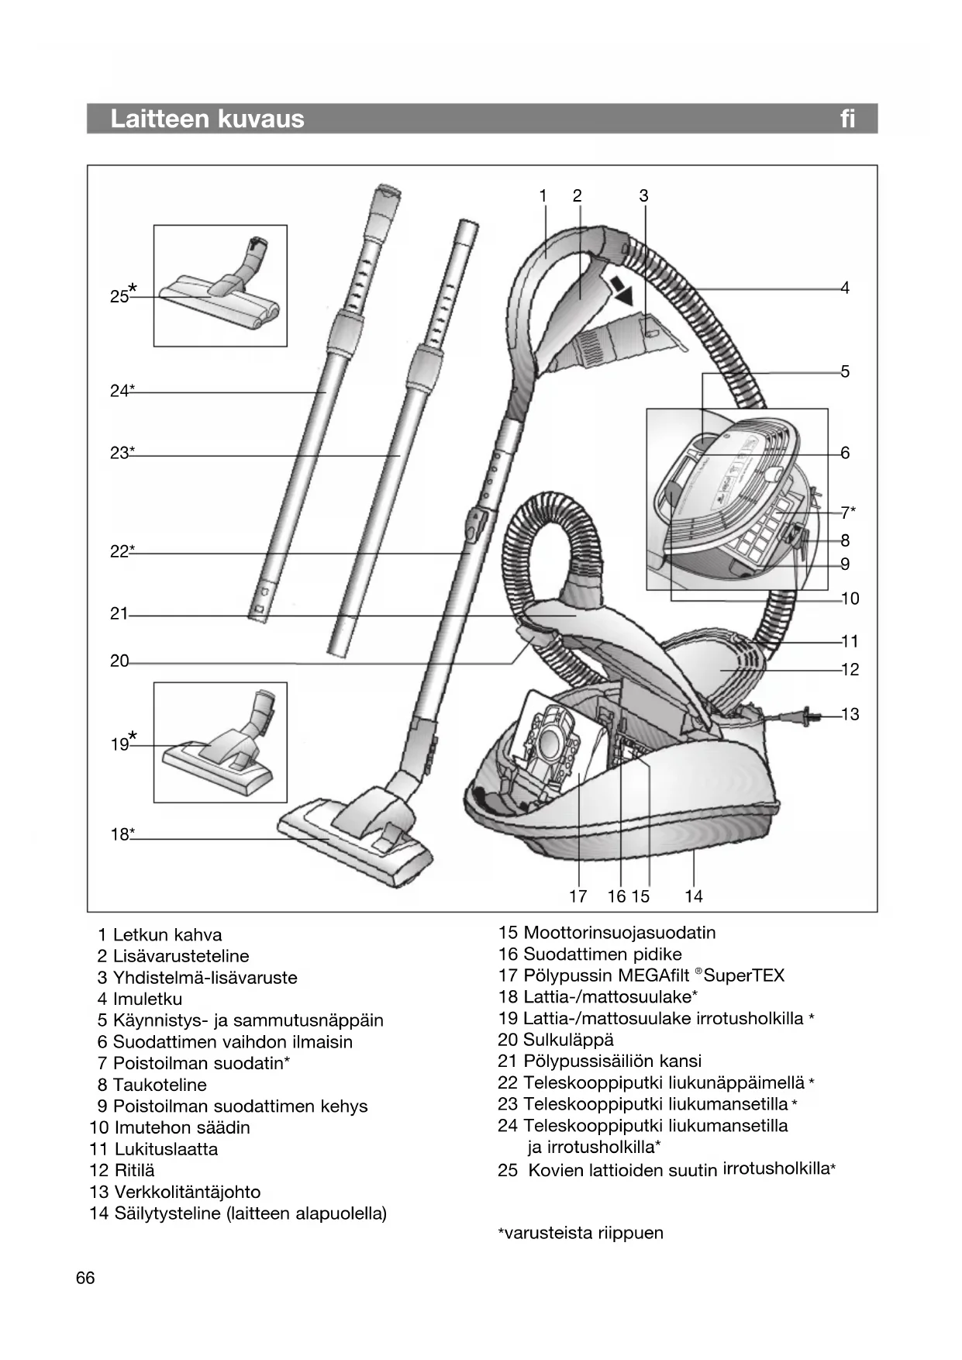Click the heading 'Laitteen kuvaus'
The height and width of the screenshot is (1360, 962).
207,119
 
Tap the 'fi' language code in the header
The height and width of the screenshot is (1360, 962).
847,119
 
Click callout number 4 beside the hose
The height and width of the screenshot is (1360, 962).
845,288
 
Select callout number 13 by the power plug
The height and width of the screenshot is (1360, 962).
850,714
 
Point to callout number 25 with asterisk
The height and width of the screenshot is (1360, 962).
122,295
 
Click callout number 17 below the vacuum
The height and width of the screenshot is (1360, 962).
578,896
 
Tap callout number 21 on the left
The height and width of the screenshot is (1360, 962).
119,614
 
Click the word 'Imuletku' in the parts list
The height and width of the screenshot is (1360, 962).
147,999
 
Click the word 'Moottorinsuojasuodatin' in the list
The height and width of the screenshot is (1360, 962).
619,933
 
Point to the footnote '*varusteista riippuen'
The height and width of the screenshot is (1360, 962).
581,1233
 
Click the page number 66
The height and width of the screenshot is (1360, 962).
85,1278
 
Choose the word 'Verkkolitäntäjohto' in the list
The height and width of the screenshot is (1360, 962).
187,1192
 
